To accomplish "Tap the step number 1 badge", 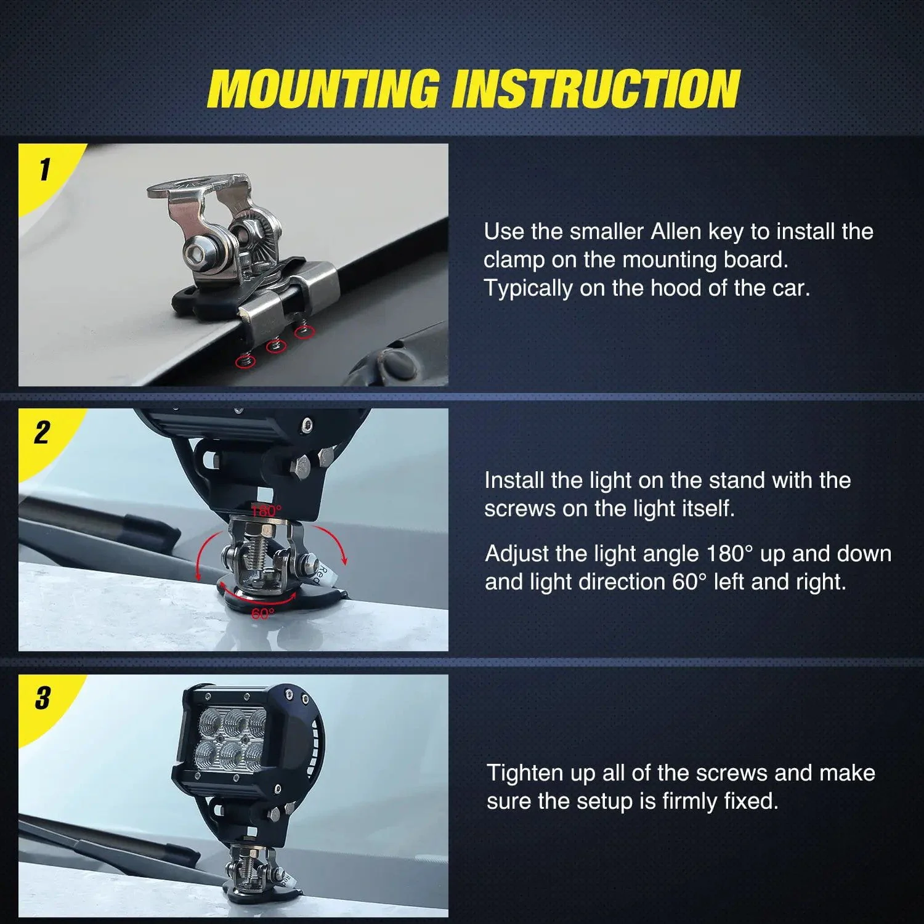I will [44, 169].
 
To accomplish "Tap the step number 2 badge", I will [41, 433].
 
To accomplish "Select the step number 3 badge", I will [42, 699].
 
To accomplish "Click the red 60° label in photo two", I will [262, 614].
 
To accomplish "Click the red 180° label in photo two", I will [266, 511].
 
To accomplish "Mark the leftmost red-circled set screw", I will [245, 361].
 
